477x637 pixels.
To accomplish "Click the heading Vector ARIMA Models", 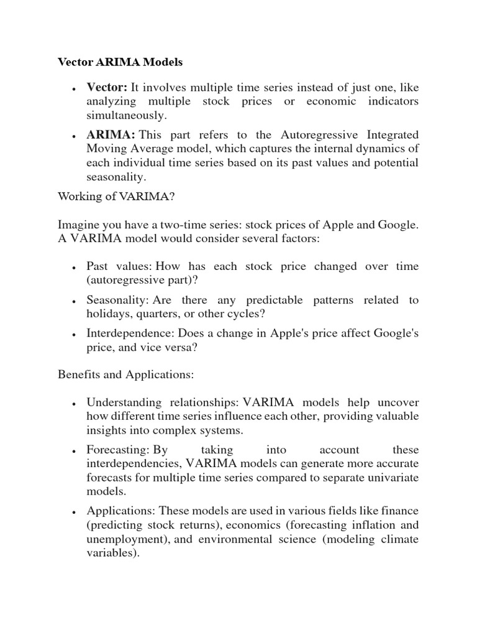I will tap(120, 62).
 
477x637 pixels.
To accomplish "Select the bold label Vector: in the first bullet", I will tap(106, 87).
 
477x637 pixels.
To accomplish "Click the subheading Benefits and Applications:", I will tap(125, 374).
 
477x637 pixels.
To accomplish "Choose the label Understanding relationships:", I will tap(163, 402).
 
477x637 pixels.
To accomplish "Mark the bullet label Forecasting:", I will tap(118, 450).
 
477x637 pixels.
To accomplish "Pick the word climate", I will tap(399, 539).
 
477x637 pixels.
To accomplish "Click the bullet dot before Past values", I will tap(75, 267).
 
